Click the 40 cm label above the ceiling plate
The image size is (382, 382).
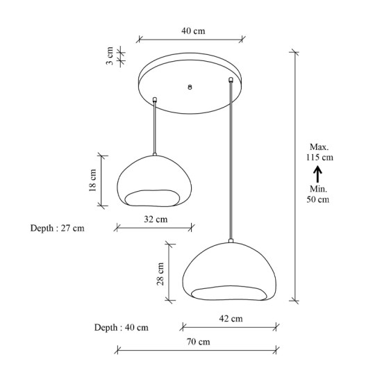coord(193,31)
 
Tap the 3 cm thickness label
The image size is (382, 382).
coord(110,56)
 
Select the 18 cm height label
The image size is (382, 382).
coord(93,181)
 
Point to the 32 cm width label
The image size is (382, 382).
coord(156,219)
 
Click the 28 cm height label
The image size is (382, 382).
coord(160,274)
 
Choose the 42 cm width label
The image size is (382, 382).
coord(231,318)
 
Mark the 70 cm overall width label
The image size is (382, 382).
coord(199,342)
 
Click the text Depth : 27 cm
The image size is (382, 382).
coord(58,229)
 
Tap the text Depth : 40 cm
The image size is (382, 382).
coord(122,327)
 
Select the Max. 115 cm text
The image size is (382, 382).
coord(319,152)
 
